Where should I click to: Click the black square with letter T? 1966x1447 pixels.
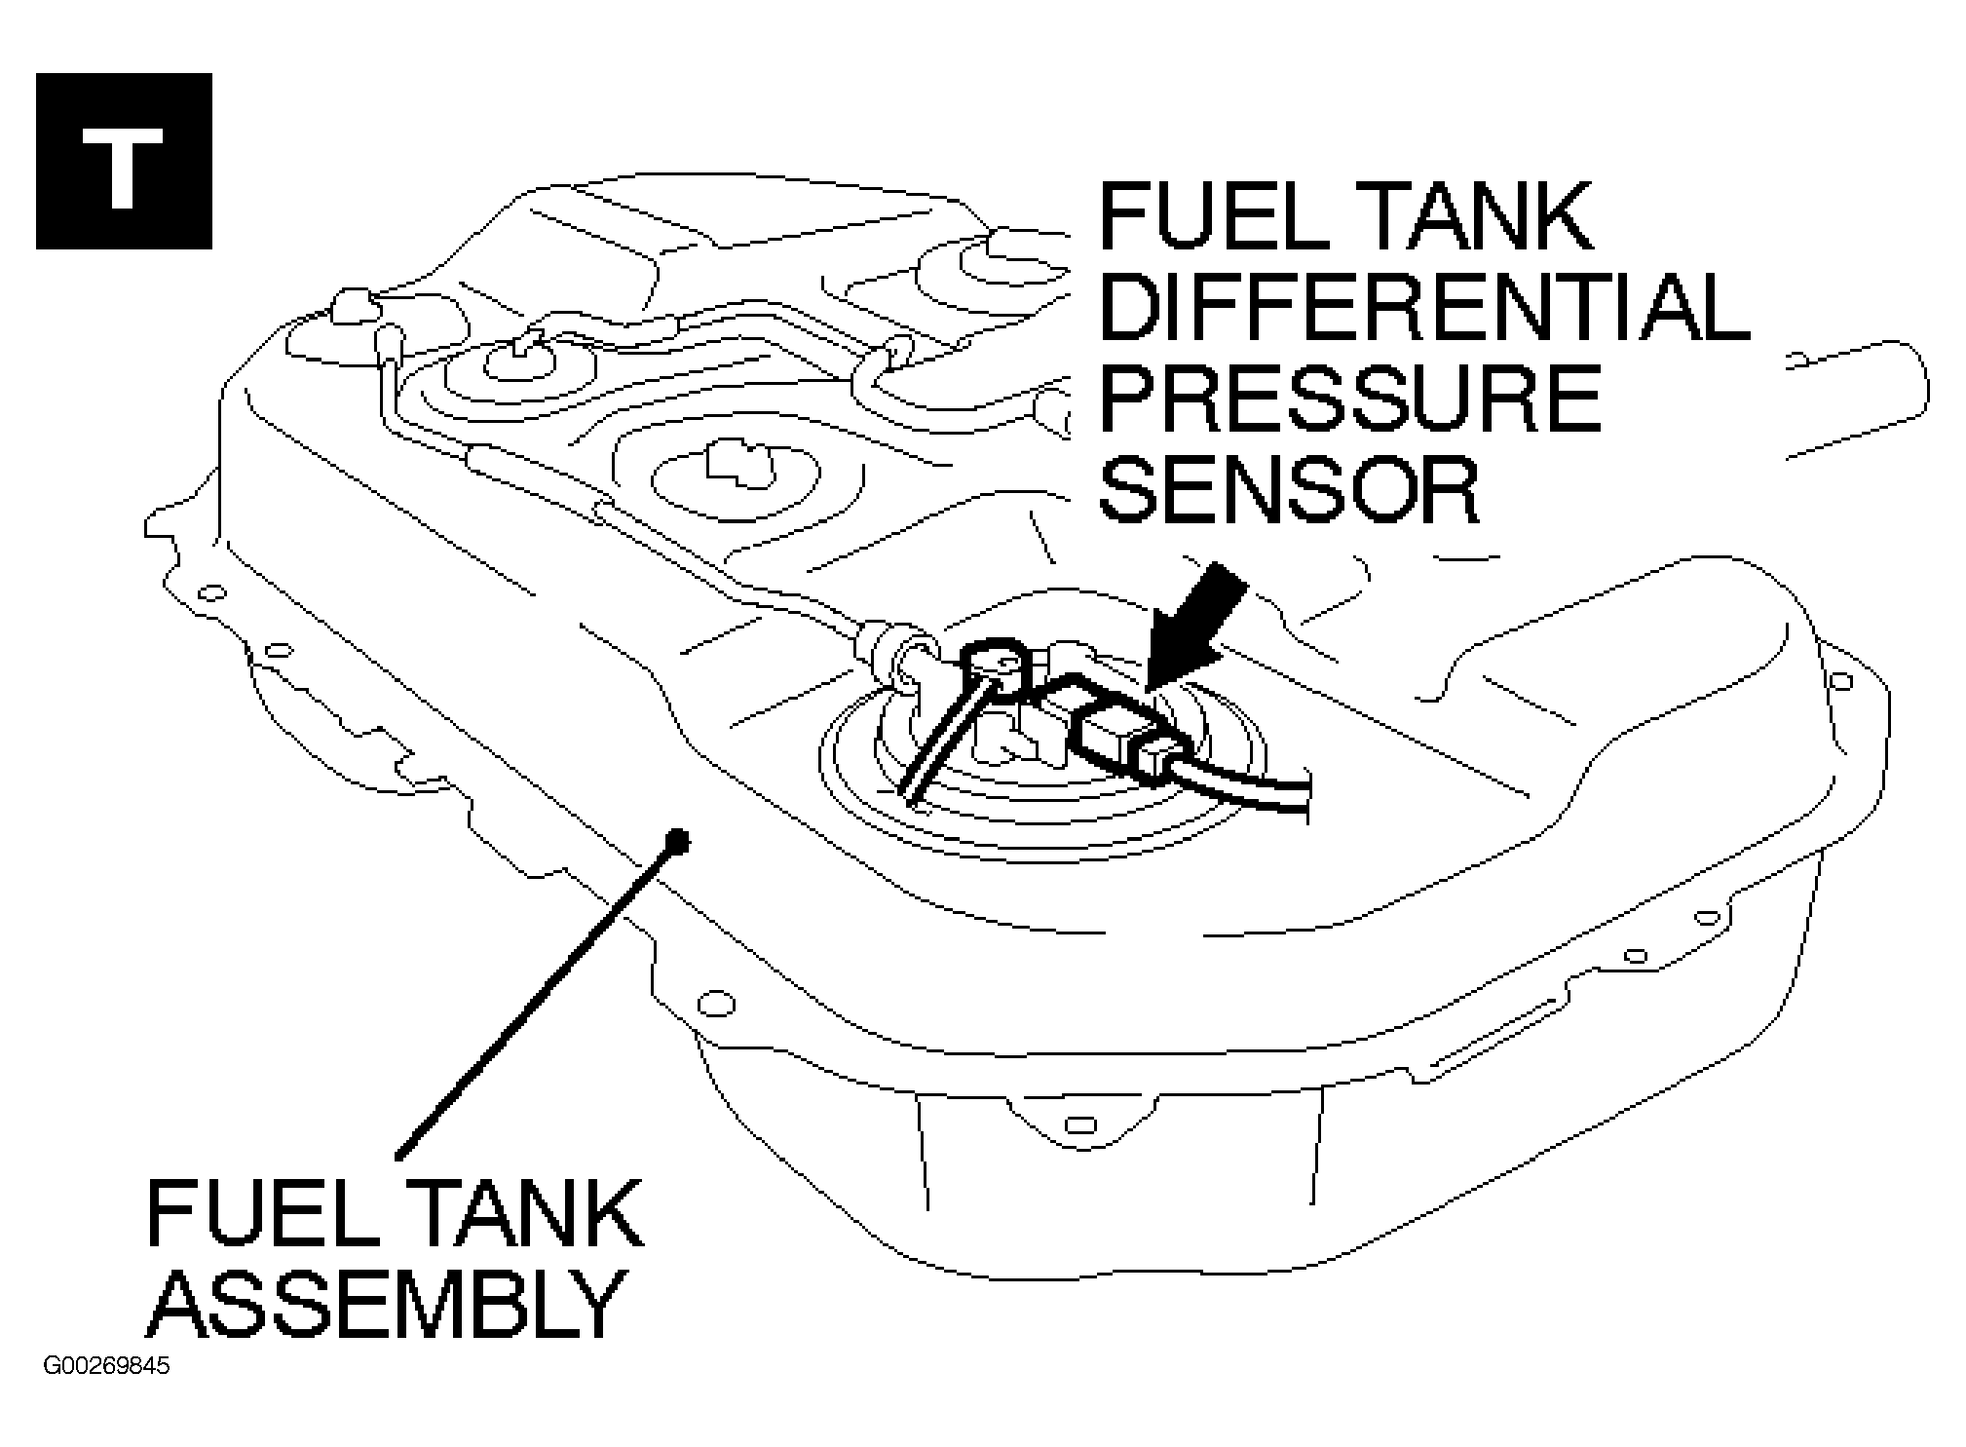click(x=124, y=161)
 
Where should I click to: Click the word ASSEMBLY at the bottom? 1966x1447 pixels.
click(x=386, y=1304)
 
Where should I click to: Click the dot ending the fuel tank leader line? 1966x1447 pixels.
click(x=677, y=839)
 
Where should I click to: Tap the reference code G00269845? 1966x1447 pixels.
click(x=106, y=1366)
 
